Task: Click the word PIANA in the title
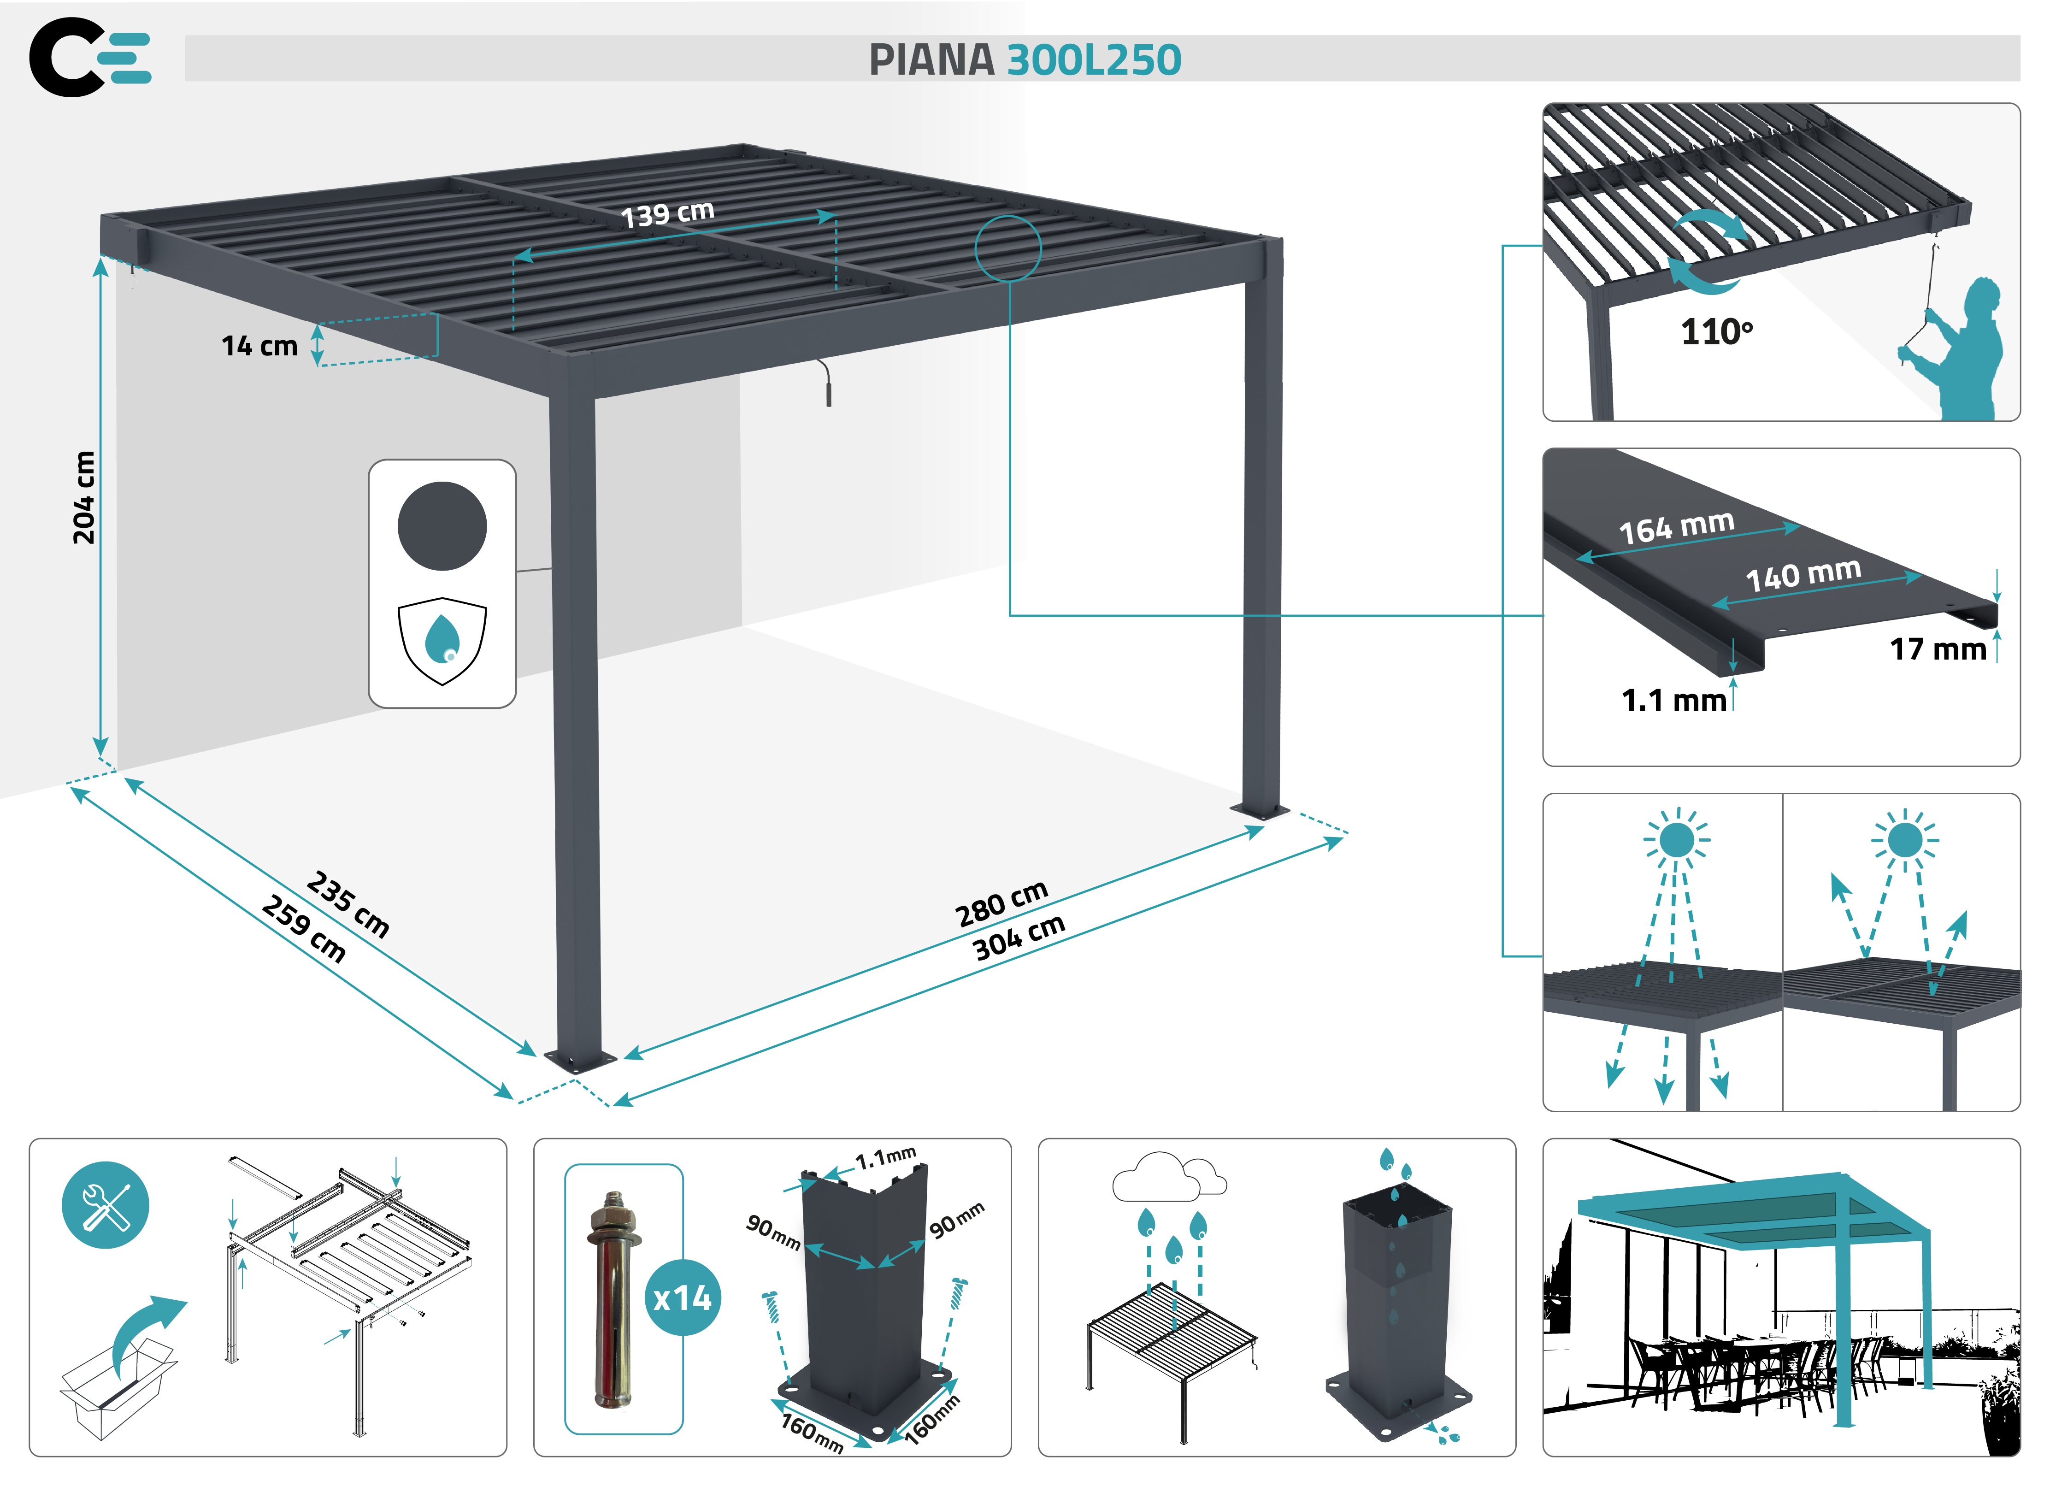click(931, 60)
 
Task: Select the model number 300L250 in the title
click(1094, 60)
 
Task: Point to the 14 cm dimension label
click(259, 346)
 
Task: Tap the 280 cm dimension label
click(1001, 903)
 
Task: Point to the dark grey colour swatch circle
click(442, 526)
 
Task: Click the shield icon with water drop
click(442, 640)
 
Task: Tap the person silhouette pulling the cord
click(1962, 353)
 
